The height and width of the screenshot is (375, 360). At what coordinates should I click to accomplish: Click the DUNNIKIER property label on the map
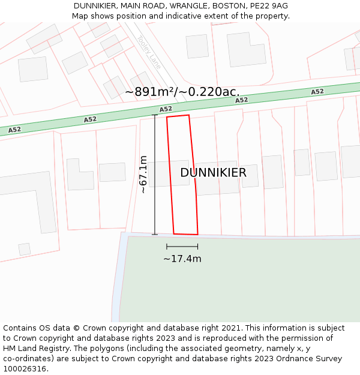213,173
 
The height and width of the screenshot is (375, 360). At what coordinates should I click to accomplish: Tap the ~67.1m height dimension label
143,175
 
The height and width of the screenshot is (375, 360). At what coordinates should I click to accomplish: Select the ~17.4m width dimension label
182,259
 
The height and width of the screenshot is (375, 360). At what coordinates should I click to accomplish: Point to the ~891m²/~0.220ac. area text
182,92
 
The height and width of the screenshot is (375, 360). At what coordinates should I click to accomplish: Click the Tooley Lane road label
149,52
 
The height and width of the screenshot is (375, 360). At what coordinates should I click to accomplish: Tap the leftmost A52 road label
14,130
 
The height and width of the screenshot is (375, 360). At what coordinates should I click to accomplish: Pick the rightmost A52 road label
317,92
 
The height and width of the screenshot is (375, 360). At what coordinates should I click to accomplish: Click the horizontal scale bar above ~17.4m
182,247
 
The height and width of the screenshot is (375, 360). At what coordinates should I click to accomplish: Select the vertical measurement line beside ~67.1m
155,175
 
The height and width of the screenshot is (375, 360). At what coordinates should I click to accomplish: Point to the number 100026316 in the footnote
24,368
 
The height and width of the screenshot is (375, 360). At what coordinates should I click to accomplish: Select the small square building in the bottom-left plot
25,249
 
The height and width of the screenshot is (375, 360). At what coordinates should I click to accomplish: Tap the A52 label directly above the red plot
166,109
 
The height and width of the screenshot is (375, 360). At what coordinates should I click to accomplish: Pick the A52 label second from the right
242,100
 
